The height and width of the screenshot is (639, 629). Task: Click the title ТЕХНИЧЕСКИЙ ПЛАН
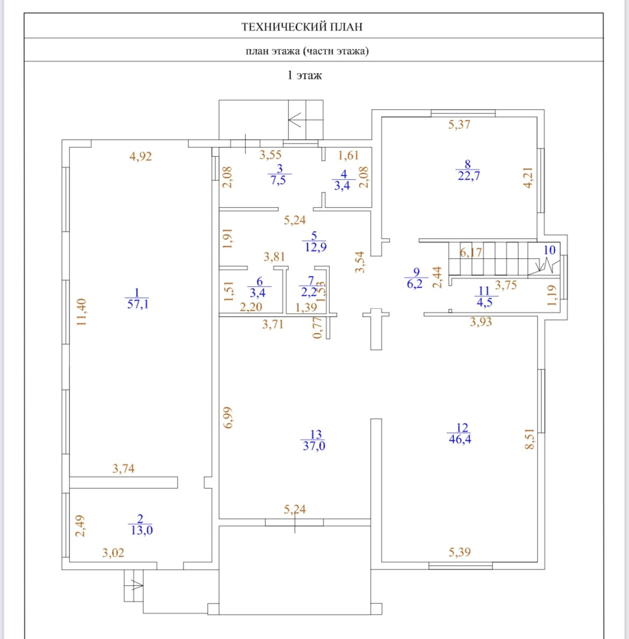(x=302, y=26)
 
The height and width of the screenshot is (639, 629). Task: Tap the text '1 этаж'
(x=305, y=75)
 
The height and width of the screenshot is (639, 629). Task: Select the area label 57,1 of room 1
(x=137, y=304)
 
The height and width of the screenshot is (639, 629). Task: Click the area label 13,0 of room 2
(x=142, y=530)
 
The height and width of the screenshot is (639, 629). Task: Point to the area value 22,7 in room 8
(x=469, y=176)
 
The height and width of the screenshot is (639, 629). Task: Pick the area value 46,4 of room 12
(x=460, y=439)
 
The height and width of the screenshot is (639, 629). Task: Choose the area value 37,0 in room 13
(x=314, y=446)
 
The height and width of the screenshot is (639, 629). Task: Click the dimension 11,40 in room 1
(x=82, y=313)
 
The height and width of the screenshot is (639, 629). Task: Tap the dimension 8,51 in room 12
(x=530, y=439)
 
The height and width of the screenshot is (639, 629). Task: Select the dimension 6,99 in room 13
(x=229, y=417)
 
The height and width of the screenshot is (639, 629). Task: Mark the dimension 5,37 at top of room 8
(x=460, y=125)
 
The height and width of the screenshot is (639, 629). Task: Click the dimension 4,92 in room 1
(x=141, y=157)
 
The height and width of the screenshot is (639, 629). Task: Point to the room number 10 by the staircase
(x=549, y=250)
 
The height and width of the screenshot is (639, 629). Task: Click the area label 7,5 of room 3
(x=278, y=180)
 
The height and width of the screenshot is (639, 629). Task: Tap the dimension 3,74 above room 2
(x=123, y=468)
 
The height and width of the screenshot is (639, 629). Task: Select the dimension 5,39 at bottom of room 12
(x=460, y=552)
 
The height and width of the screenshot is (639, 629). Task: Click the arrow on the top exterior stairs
(x=295, y=119)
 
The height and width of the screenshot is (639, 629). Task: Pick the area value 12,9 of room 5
(x=315, y=247)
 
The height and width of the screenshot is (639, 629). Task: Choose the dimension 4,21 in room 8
(x=528, y=177)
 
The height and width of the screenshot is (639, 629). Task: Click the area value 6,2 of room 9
(x=414, y=284)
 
